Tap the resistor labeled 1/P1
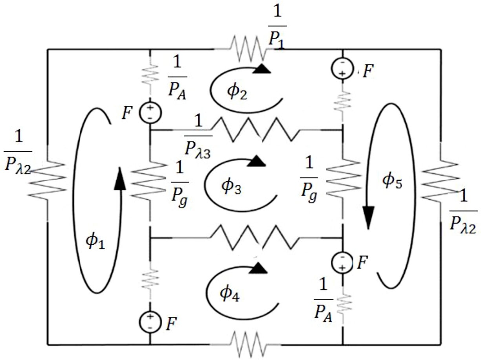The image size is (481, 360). [247, 49]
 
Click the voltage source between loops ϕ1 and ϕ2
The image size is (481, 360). [150, 112]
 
